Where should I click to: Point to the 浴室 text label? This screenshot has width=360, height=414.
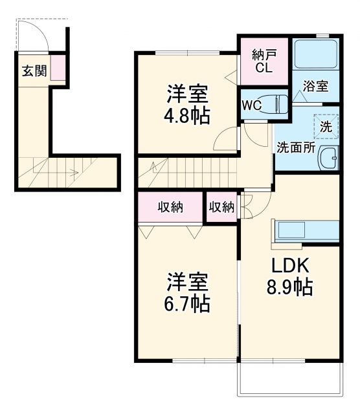tap(317, 86)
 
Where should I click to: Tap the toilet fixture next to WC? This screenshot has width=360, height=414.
tap(278, 104)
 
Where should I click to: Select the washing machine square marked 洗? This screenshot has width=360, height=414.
tap(325, 126)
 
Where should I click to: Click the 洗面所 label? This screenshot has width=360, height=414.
tap(296, 146)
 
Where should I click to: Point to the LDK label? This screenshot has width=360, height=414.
tap(290, 265)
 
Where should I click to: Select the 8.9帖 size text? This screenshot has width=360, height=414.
tap(290, 287)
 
